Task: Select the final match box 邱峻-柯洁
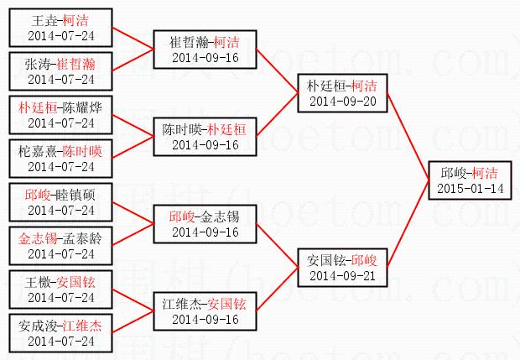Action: [x=470, y=180]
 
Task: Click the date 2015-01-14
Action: [x=470, y=188]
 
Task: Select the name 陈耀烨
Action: [x=82, y=107]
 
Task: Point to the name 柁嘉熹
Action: [x=37, y=150]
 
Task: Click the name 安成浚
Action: [x=37, y=325]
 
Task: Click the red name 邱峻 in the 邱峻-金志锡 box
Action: [x=181, y=216]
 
